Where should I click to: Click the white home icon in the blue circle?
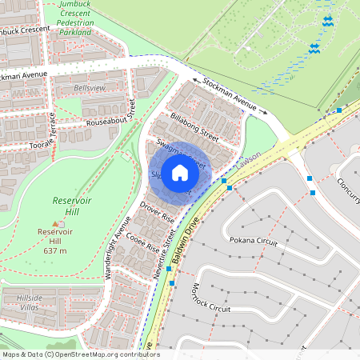[x=180, y=173]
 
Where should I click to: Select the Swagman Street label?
[x=181, y=154]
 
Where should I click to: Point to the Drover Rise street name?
[x=157, y=212]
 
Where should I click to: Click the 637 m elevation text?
[x=55, y=251]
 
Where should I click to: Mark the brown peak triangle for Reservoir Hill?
[x=55, y=223]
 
